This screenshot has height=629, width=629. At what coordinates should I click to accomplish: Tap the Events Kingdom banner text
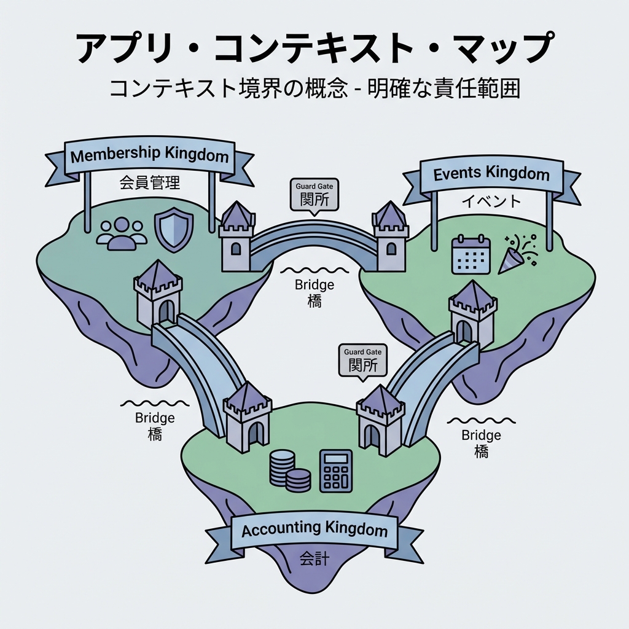[x=491, y=174]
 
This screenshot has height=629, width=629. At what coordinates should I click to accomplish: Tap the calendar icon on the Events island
[x=470, y=254]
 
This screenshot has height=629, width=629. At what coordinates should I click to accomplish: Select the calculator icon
[x=336, y=471]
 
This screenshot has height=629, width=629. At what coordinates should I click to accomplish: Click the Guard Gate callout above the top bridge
[x=314, y=195]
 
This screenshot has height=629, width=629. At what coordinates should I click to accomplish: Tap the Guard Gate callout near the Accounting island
[x=362, y=361]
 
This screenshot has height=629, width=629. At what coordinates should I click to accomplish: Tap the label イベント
[x=490, y=201]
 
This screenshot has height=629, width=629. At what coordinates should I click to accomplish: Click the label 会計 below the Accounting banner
[x=314, y=558]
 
